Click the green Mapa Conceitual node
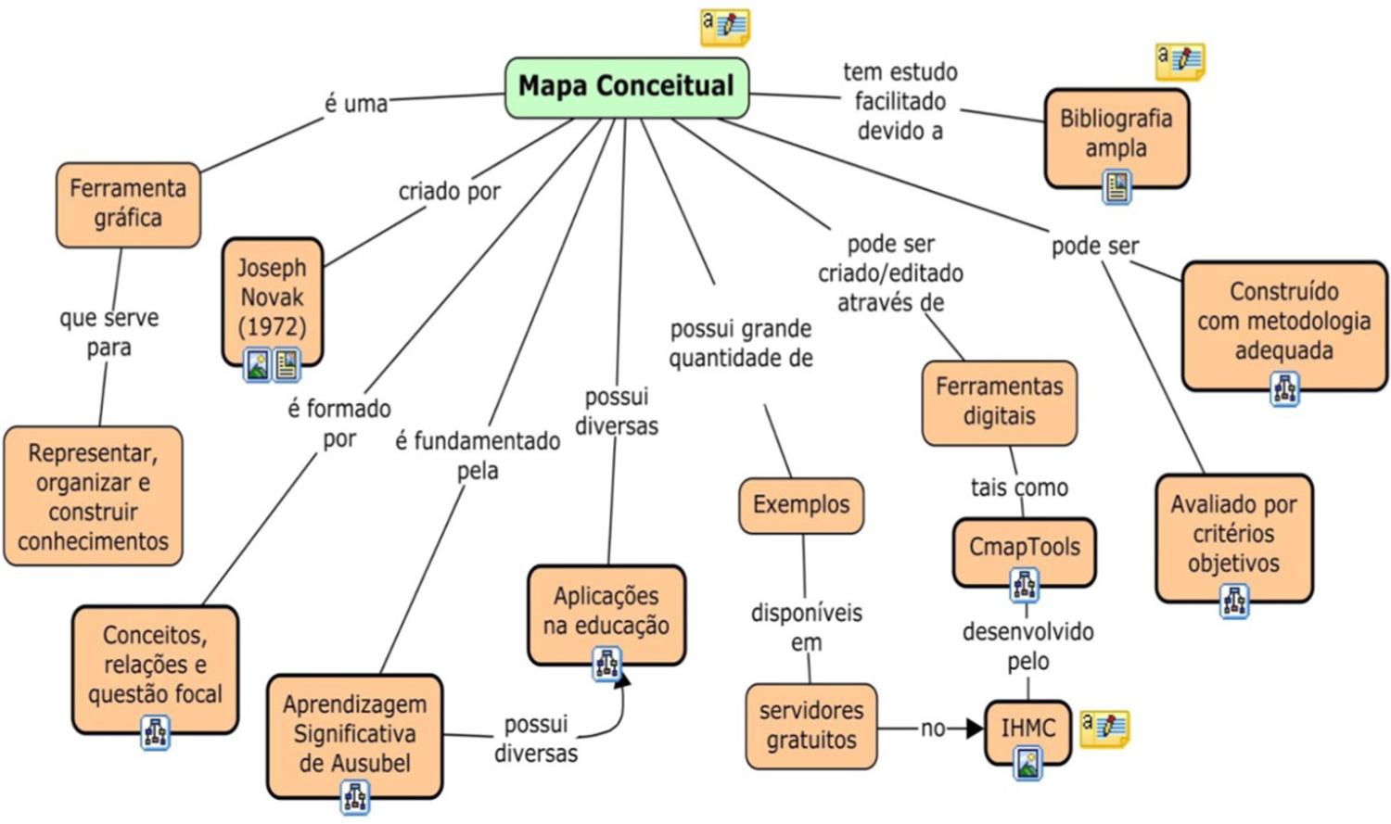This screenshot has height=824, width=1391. tap(626, 87)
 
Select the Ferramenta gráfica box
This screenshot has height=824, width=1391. tap(128, 204)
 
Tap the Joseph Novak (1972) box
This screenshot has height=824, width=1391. tap(272, 297)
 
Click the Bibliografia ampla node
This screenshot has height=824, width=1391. tap(1116, 133)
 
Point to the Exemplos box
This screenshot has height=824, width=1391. tap(801, 505)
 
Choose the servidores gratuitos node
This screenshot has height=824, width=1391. tap(811, 726)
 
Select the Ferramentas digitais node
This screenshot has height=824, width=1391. tap(999, 401)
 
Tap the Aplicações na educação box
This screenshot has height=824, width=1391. tap(606, 611)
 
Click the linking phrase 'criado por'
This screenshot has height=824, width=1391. tap(449, 192)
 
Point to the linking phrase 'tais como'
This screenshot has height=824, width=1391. tap(1019, 488)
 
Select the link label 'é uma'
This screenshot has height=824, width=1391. tap(356, 104)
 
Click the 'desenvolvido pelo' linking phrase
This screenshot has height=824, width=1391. tap(1027, 646)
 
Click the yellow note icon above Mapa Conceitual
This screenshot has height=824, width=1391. tap(725, 26)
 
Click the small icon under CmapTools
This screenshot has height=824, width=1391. tap(1024, 585)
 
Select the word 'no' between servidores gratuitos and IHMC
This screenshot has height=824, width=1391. tap(933, 729)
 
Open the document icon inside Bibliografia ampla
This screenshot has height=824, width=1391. tap(1117, 187)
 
